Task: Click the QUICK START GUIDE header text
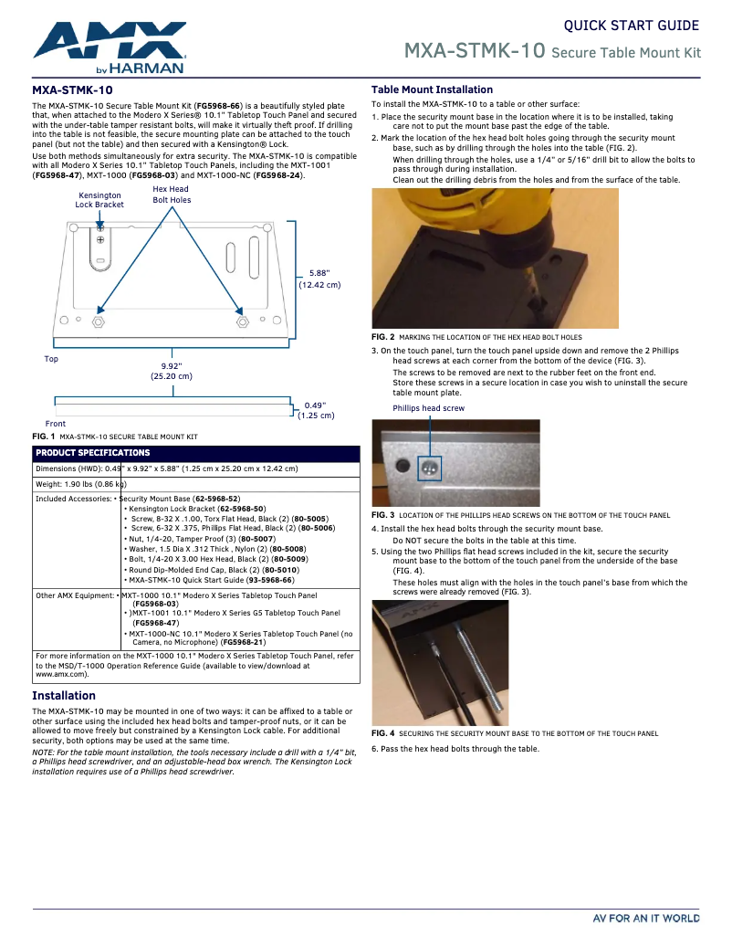click(631, 26)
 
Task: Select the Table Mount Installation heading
click(432, 89)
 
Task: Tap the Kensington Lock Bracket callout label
click(99, 200)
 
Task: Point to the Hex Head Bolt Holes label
click(172, 195)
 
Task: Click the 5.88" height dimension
click(319, 279)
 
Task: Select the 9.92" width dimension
click(172, 370)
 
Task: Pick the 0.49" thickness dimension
click(315, 410)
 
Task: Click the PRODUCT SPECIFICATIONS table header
click(93, 453)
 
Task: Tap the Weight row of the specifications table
click(80, 483)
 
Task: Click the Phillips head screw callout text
click(428, 408)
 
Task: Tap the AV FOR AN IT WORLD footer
click(646, 918)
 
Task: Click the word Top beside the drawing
click(51, 359)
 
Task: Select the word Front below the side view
click(56, 424)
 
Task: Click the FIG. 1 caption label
click(44, 437)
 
